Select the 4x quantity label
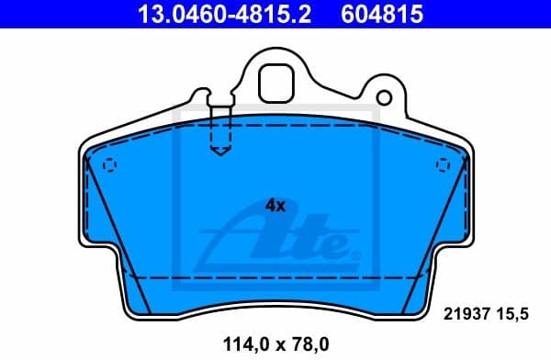click(x=275, y=206)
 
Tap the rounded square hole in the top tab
click(x=275, y=84)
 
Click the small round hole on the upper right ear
click(x=386, y=96)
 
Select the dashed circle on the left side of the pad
click(x=109, y=165)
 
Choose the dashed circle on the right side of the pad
click(x=443, y=163)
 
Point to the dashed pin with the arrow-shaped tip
click(x=220, y=133)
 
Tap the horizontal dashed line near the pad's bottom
click(x=275, y=276)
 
